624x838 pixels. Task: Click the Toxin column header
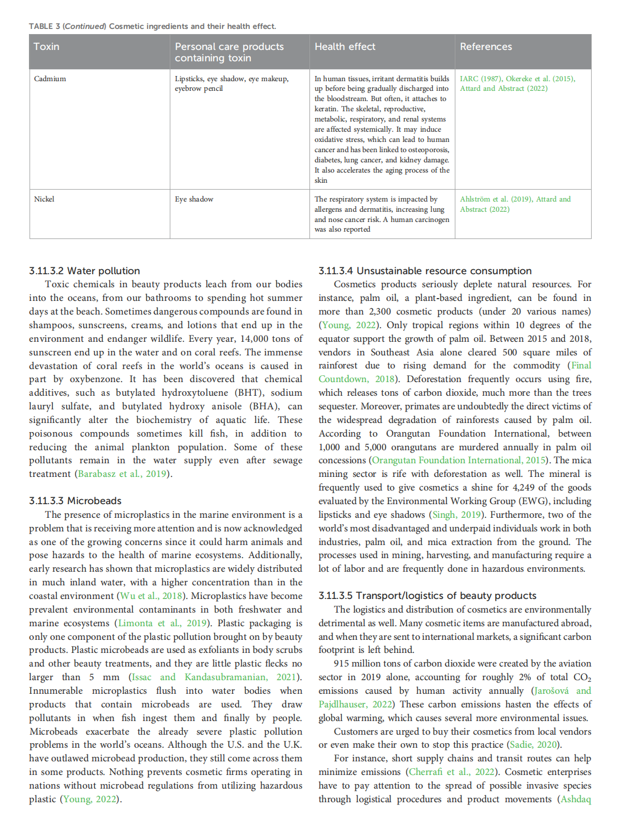coord(47,47)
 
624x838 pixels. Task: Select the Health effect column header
coord(345,47)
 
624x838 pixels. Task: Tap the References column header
coord(485,47)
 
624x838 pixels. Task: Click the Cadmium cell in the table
coord(50,79)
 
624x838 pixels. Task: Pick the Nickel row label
coord(44,199)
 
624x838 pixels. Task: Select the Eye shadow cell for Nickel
coord(194,199)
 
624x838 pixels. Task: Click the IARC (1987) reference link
coord(480,79)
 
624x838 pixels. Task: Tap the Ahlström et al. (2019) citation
coord(495,199)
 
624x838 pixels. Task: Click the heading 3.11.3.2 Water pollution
coord(85,271)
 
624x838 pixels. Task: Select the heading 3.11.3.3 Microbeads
coord(76,501)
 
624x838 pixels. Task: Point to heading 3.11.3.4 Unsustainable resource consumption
coord(425,271)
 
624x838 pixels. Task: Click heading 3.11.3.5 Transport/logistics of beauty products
coord(427,596)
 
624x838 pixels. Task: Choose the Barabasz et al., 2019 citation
coord(122,474)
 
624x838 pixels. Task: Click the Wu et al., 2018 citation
coord(151,596)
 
